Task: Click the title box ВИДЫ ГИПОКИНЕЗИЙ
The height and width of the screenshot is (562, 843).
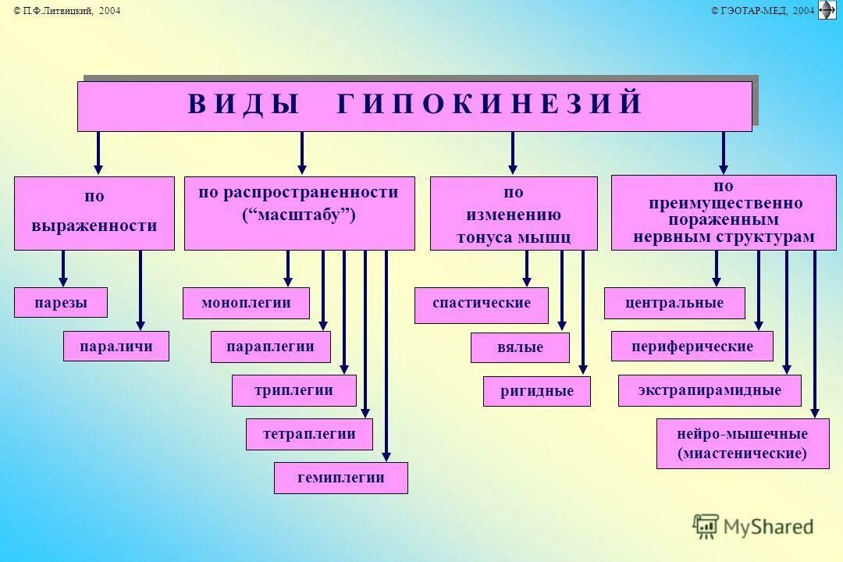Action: tap(414, 105)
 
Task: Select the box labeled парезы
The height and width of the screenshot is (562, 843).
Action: tap(61, 303)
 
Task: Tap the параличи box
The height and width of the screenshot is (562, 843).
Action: tap(116, 347)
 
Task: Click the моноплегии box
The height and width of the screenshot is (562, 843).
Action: tap(246, 303)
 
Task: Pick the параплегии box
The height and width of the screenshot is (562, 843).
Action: tap(271, 347)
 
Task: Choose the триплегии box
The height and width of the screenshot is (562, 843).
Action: tap(293, 390)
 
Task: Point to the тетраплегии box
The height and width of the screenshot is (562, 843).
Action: tap(309, 434)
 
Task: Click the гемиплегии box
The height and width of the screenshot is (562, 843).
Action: tap(340, 478)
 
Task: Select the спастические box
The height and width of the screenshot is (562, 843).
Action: tap(481, 303)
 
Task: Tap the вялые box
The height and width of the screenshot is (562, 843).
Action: tap(520, 347)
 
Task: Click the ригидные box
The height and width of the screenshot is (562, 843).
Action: tap(536, 391)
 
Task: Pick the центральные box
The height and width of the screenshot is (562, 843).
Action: tap(674, 303)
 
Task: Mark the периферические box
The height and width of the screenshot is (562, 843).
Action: tap(692, 346)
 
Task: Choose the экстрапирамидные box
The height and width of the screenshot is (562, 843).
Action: tap(710, 390)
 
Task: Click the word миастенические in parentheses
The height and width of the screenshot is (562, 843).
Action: tap(742, 454)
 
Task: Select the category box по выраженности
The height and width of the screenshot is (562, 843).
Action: tap(94, 212)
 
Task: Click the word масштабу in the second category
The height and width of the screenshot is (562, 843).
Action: tap(299, 215)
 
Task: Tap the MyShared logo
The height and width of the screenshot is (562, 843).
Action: tap(753, 527)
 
